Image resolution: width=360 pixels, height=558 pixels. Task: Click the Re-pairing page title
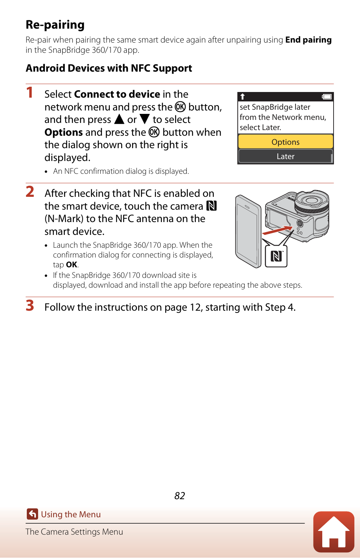click(x=55, y=25)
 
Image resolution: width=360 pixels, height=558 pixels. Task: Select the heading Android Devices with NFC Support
click(x=109, y=68)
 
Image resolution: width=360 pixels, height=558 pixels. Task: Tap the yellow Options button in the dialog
click(x=285, y=142)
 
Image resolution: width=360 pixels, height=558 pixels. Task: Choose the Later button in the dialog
click(x=285, y=156)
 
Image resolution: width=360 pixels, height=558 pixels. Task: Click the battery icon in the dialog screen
click(x=327, y=97)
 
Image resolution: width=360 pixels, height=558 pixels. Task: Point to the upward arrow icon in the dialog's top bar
click(x=243, y=97)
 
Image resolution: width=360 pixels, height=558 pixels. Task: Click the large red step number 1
click(x=29, y=93)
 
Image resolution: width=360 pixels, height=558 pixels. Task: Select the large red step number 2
click(x=30, y=192)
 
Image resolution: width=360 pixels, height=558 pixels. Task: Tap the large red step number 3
click(x=30, y=306)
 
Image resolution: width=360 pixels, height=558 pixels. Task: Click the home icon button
click(x=334, y=532)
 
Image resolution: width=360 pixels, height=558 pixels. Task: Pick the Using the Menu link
click(x=71, y=515)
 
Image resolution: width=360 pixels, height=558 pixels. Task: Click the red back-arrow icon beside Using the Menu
click(x=32, y=514)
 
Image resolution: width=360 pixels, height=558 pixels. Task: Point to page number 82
click(x=180, y=496)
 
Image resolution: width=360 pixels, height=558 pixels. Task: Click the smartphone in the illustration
click(x=248, y=231)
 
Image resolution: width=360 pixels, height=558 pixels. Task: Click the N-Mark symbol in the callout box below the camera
click(x=276, y=256)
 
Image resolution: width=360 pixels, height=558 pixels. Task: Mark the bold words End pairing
click(x=308, y=40)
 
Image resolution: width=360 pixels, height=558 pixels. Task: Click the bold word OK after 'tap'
click(x=71, y=265)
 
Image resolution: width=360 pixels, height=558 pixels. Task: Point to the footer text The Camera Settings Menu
click(x=74, y=532)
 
